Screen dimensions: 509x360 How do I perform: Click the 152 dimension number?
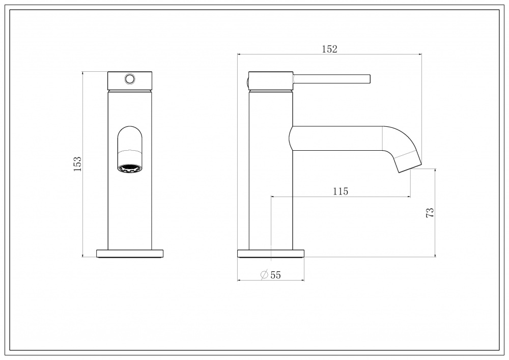coord(329,49)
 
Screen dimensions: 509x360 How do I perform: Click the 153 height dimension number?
coord(77,164)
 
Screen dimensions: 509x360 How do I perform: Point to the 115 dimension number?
coord(341,191)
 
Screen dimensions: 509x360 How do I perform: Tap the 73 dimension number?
coord(430,213)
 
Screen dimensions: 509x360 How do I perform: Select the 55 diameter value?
coord(275,275)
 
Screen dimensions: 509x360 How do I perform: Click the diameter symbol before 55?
coord(264,274)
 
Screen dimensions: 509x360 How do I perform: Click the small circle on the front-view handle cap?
coord(130,78)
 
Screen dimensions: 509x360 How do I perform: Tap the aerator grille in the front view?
coord(130,169)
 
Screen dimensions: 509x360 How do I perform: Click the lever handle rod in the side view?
coord(332,79)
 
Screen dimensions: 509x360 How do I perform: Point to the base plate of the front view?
coord(130,254)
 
